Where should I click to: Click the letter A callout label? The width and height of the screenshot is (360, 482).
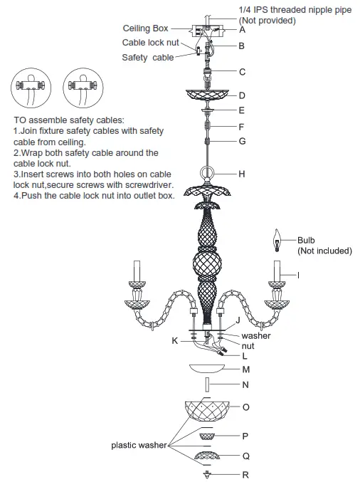click(x=243, y=30)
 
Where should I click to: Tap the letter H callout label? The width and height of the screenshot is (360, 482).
click(x=243, y=173)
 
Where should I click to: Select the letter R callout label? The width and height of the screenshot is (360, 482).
click(x=245, y=474)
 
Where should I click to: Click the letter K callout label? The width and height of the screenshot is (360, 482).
click(x=174, y=341)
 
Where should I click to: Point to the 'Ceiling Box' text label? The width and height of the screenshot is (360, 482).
click(x=146, y=28)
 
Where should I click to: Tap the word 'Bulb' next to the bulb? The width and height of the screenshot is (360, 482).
click(x=306, y=241)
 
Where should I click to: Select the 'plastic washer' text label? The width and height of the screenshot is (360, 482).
click(x=139, y=445)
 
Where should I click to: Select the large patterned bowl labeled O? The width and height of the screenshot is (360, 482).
click(x=208, y=410)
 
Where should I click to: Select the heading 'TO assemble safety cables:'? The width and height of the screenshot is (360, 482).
click(x=68, y=120)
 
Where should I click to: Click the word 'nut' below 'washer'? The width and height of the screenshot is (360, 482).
click(x=248, y=345)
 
